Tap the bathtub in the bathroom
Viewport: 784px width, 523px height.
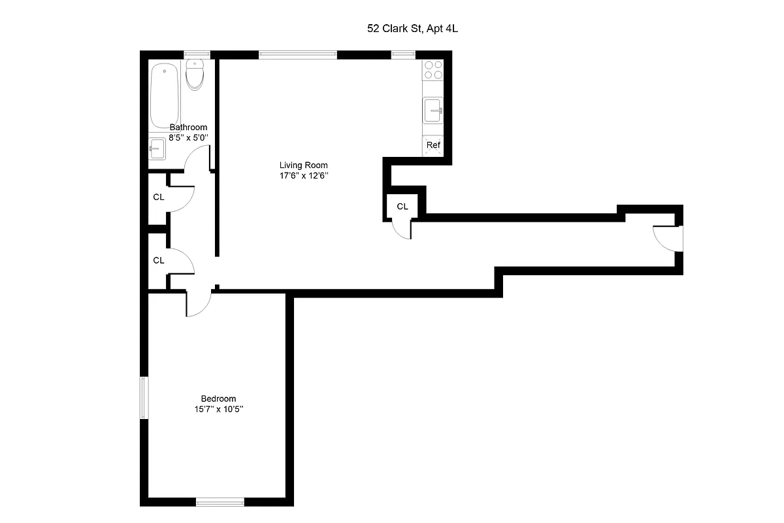coord(165,95)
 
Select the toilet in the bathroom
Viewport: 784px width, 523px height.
coord(195,75)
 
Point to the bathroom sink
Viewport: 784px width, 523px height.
coord(157,149)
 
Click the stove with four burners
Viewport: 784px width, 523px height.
coord(433,69)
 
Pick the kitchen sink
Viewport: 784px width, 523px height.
coord(433,110)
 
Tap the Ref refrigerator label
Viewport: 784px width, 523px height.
coord(433,145)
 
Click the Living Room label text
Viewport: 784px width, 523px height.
coord(303,165)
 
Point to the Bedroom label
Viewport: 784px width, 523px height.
coord(218,399)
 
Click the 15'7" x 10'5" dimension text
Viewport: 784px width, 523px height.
coord(218,410)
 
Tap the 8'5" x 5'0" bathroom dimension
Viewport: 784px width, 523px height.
coord(188,138)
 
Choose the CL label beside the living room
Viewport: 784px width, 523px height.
coord(402,207)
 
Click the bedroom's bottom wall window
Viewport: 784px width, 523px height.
coord(220,502)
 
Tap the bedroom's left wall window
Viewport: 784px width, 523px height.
coord(144,397)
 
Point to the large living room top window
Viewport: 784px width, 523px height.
coord(298,55)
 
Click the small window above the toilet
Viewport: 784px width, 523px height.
coord(195,55)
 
